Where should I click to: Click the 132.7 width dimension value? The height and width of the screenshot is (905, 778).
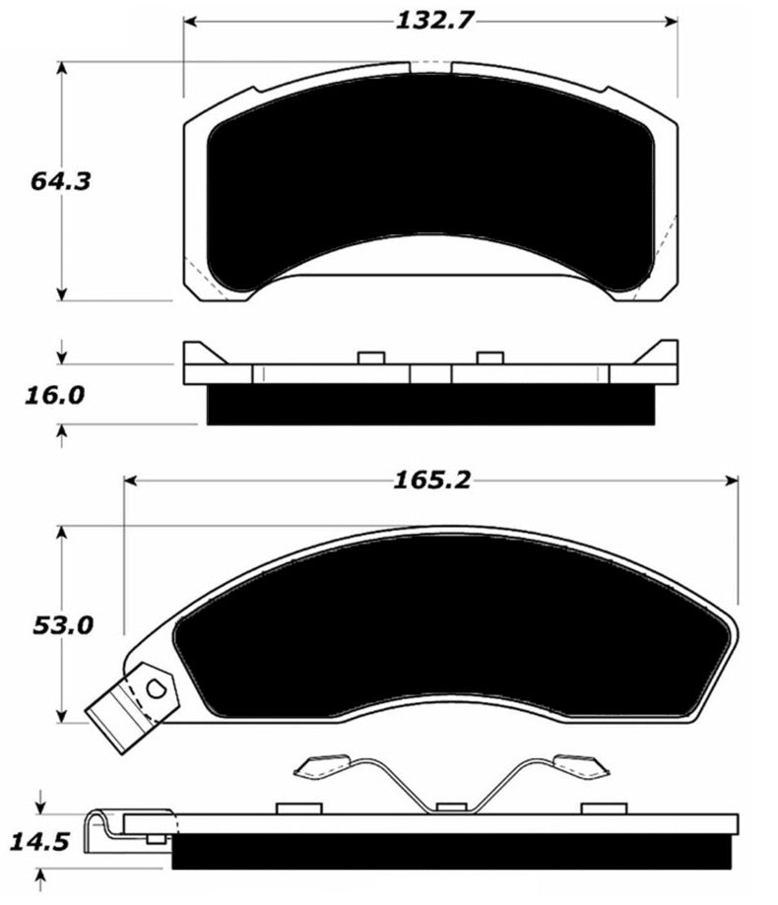(430, 21)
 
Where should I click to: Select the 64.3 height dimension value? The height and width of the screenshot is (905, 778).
(56, 181)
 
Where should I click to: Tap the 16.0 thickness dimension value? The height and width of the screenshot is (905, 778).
(54, 395)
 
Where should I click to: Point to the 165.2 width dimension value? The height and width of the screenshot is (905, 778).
(430, 481)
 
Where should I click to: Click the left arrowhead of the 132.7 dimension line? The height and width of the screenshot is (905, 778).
(190, 21)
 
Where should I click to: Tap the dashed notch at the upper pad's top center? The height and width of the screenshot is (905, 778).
(430, 67)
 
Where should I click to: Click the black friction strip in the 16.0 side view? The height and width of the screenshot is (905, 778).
(430, 405)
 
